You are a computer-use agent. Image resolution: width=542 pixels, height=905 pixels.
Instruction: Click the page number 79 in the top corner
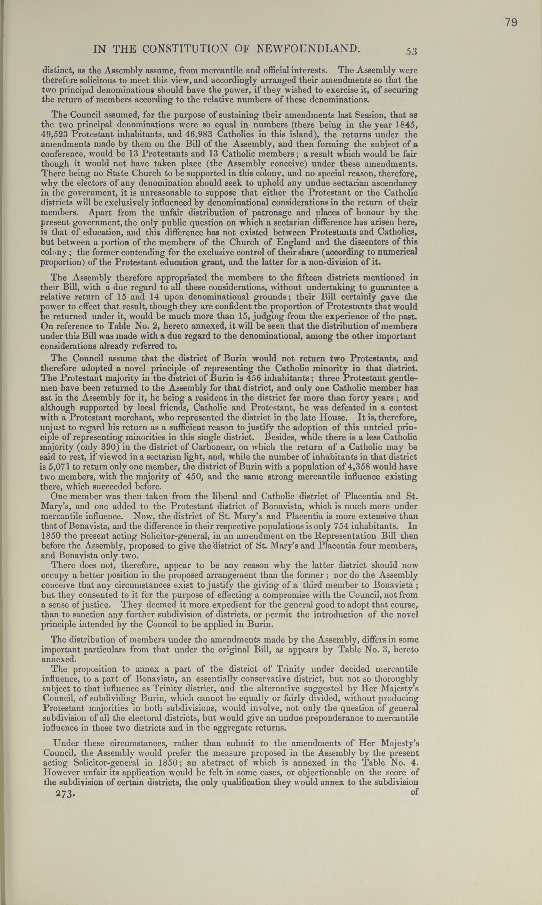click(x=511, y=23)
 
